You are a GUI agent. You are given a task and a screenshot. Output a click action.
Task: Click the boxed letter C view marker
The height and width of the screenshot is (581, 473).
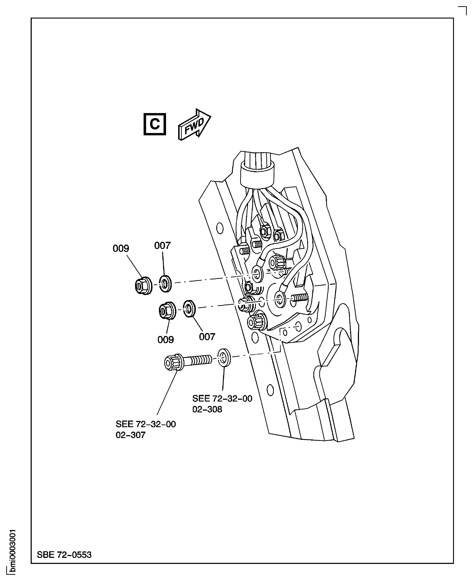[x=154, y=124]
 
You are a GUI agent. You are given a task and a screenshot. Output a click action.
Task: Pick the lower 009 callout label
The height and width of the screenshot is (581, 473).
[x=165, y=340]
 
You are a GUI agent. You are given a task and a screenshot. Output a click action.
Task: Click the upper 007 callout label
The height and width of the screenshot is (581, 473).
[x=162, y=246]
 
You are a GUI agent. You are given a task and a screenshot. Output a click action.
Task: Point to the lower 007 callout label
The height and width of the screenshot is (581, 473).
[x=207, y=337]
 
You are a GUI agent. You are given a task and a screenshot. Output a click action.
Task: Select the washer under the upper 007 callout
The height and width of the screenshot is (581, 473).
[x=165, y=284]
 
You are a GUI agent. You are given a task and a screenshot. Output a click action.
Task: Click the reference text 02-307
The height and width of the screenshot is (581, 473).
[x=131, y=435]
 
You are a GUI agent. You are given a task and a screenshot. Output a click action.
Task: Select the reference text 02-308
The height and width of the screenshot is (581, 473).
[x=207, y=409]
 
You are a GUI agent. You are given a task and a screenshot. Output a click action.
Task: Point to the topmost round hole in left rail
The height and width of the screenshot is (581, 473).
[x=220, y=228]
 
